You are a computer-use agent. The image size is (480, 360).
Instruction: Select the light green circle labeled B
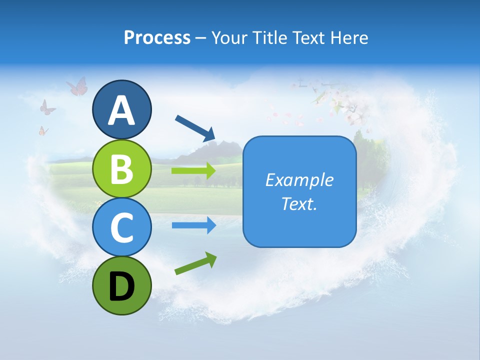pos(121,169)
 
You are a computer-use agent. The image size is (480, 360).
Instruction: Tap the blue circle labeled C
pos(121,227)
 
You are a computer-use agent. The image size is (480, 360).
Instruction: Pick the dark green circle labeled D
pos(121,286)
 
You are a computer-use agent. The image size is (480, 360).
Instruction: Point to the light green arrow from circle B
pos(193,171)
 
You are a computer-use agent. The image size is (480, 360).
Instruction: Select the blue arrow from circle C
pos(193,225)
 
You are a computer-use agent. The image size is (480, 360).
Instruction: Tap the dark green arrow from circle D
pos(195,263)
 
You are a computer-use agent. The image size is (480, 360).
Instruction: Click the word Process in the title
pos(157,38)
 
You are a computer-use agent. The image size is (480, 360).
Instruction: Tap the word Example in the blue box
pos(299,180)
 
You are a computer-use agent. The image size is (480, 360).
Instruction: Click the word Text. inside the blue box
pos(299,203)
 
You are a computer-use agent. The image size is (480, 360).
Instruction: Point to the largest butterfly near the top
pos(77,87)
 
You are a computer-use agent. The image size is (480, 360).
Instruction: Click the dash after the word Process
pos(201,38)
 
